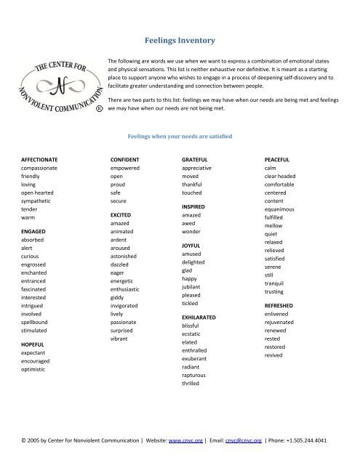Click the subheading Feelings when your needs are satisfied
tap(180, 135)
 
